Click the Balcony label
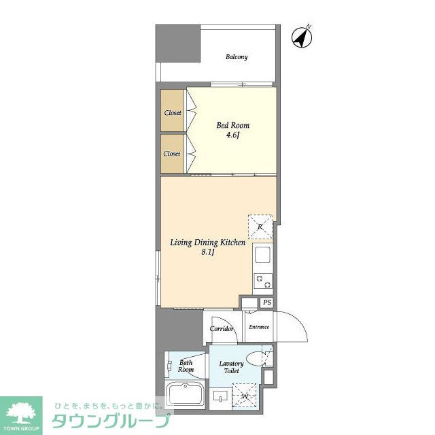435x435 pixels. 237,57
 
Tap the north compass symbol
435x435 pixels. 302,37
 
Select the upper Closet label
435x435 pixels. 173,113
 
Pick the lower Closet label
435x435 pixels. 172,154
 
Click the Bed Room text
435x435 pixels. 232,125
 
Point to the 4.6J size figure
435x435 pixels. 232,135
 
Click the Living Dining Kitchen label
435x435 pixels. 208,243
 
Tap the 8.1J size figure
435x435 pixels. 208,252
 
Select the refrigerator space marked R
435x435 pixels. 260,226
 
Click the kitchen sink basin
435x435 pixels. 262,255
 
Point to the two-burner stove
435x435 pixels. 263,281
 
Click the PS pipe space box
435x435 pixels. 267,302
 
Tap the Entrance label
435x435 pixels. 259,327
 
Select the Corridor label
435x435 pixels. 222,329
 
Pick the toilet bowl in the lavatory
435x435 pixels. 256,359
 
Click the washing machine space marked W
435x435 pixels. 245,395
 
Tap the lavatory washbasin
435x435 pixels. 220,396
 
